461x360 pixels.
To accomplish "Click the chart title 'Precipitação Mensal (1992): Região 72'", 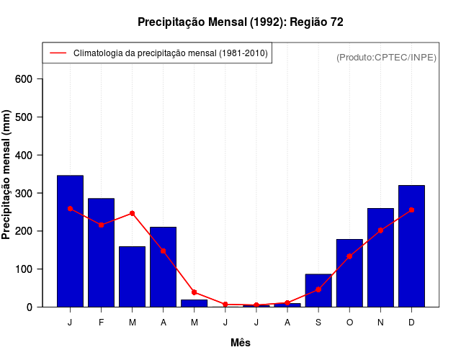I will pyautogui.click(x=241, y=22).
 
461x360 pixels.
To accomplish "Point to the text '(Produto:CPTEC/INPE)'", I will pyautogui.click(x=387, y=57).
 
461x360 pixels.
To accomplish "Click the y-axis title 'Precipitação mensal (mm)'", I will pyautogui.click(x=6, y=175).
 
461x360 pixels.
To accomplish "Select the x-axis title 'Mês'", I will pyautogui.click(x=241, y=343).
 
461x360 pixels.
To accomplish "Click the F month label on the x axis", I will pyautogui.click(x=102, y=323).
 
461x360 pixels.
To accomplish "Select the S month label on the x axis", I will pyautogui.click(x=318, y=323).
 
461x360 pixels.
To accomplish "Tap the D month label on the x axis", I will pyautogui.click(x=411, y=323).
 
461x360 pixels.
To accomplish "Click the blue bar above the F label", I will pyautogui.click(x=102, y=252).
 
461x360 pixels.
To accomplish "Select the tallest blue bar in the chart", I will pyautogui.click(x=70, y=241).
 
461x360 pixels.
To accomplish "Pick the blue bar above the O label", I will pyautogui.click(x=349, y=273).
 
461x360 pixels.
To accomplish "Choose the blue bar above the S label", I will pyautogui.click(x=318, y=291).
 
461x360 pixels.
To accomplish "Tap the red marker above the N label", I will pyautogui.click(x=380, y=230).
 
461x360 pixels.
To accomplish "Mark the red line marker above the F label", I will pyautogui.click(x=102, y=225).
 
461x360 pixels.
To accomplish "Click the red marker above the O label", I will pyautogui.click(x=349, y=256).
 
